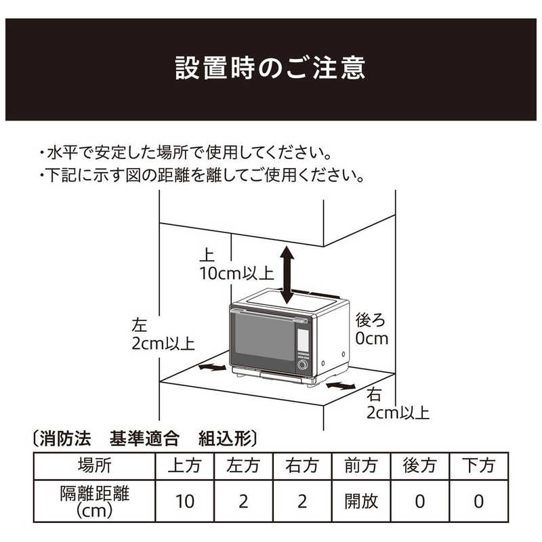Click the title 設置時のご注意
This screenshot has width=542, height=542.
[x=270, y=68]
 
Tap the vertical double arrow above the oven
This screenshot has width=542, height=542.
[x=287, y=276]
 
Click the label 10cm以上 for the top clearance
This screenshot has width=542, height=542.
[x=236, y=274]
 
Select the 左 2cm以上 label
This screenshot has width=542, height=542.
[x=163, y=334]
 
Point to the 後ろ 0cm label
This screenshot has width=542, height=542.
[x=372, y=329]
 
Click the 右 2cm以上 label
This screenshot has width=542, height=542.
[x=398, y=404]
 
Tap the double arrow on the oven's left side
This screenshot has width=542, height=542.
[x=213, y=367]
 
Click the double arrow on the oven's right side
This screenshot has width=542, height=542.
[x=341, y=385]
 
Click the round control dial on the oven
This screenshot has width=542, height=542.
[x=302, y=364]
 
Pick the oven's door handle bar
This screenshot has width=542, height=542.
[x=269, y=316]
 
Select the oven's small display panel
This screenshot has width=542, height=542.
[x=303, y=339]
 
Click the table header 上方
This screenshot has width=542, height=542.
[x=184, y=465]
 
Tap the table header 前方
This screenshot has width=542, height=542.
[x=361, y=465]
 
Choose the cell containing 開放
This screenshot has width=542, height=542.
[x=361, y=501]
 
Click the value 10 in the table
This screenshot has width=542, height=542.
[x=184, y=501]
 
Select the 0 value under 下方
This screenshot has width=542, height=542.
[x=479, y=501]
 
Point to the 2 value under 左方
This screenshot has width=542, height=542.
[x=243, y=501]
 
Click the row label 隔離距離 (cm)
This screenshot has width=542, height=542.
[x=94, y=501]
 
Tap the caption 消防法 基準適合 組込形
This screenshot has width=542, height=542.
[x=144, y=438]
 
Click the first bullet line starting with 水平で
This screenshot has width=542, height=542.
[x=186, y=153]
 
